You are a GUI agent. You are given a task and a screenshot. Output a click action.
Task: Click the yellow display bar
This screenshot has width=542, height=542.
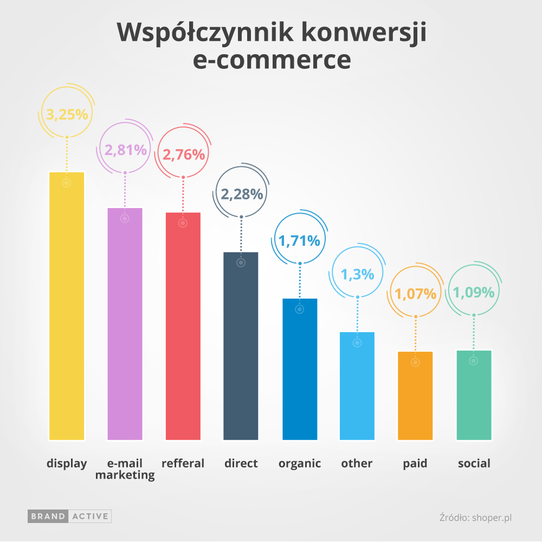[67, 306]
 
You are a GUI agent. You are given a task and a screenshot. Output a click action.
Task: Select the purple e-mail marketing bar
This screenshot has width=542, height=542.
[125, 324]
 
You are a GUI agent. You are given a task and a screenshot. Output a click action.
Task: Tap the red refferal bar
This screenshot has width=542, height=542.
[183, 326]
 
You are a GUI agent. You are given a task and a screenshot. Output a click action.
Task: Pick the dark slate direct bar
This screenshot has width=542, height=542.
[241, 346]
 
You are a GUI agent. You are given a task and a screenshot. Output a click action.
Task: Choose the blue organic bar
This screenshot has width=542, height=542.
[300, 369]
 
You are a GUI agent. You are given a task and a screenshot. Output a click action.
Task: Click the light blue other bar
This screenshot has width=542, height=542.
[357, 386]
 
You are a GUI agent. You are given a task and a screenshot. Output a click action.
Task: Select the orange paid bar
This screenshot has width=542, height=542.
[415, 396]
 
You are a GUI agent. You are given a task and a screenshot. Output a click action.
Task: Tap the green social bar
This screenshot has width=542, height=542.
[474, 395]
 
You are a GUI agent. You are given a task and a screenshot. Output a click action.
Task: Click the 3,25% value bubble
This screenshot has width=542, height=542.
[67, 114]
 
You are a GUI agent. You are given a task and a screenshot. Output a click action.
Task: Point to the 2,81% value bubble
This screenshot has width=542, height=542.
[126, 150]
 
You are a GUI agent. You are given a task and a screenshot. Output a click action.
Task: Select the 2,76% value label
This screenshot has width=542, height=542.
[184, 154]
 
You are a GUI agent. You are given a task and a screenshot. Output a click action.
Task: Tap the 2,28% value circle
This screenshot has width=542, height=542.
[241, 194]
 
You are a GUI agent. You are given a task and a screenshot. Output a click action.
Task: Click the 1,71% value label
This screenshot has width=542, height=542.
[299, 240]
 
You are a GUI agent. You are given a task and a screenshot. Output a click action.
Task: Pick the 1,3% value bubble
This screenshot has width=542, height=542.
[358, 274]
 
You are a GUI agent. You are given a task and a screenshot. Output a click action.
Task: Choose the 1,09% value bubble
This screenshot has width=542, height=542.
[474, 293]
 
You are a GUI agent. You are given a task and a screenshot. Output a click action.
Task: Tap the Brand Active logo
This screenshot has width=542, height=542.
[69, 517]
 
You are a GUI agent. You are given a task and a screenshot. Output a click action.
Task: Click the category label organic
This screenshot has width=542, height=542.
[300, 463]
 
